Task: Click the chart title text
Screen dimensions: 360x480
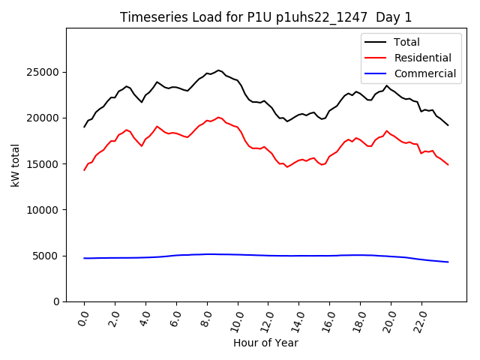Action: (265, 17)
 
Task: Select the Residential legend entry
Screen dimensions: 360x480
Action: (422, 58)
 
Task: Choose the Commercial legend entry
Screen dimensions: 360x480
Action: (424, 73)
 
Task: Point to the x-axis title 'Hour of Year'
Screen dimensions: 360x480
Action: (265, 343)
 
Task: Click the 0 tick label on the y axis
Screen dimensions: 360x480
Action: (57, 301)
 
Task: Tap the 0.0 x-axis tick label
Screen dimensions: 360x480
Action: (83, 318)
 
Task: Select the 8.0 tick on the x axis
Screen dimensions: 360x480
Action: (206, 318)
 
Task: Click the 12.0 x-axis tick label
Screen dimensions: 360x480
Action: (266, 318)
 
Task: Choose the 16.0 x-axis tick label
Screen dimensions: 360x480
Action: (328, 318)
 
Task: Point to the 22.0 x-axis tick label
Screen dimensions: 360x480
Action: (420, 318)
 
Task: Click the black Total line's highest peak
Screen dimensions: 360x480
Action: (218, 70)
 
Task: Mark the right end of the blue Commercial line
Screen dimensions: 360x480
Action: (448, 262)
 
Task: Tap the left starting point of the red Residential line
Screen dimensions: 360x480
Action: (84, 170)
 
